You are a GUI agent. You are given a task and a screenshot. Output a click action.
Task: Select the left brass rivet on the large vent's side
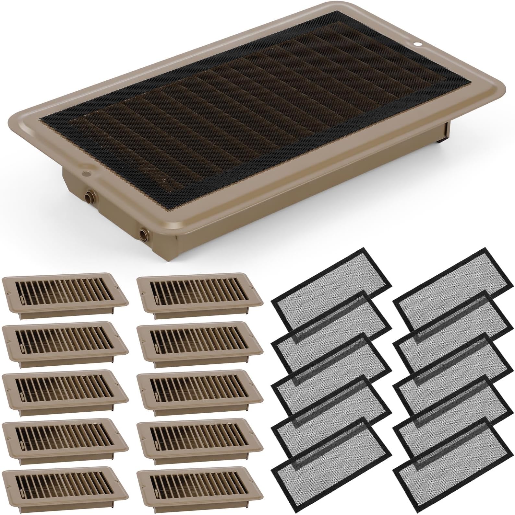89,197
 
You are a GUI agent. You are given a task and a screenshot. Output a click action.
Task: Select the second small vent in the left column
65,342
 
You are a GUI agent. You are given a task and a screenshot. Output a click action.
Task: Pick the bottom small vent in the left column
65,487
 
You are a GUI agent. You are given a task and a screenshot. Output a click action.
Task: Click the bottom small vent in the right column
199,487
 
